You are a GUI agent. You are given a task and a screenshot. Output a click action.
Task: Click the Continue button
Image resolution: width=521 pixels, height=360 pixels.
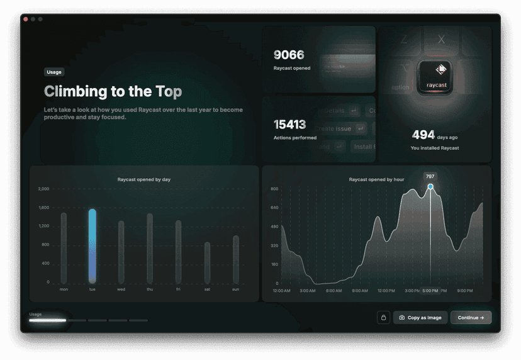click(x=471, y=318)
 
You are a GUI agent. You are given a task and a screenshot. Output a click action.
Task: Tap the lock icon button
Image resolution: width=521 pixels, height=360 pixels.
click(x=383, y=318)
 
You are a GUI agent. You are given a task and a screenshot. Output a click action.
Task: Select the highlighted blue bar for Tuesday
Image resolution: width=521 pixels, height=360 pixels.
click(x=92, y=246)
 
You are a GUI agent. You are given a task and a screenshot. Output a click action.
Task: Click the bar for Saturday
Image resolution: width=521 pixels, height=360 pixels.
click(x=207, y=263)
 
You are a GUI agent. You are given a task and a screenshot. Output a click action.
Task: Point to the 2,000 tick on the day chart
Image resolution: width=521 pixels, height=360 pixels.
click(x=43, y=189)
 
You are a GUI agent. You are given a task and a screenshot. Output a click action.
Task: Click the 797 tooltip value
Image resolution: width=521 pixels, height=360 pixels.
click(x=430, y=176)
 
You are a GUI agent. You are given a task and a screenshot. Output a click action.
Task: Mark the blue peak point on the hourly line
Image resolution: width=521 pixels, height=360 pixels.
click(x=430, y=187)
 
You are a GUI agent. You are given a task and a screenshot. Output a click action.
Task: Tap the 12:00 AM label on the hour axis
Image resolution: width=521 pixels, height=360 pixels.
click(x=281, y=291)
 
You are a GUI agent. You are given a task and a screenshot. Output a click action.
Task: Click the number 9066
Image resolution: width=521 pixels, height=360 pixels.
click(x=289, y=55)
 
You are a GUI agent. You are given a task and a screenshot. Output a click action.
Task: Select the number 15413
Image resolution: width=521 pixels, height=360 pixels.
click(x=289, y=125)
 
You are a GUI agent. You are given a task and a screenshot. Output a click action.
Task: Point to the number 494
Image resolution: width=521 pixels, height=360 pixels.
click(x=423, y=135)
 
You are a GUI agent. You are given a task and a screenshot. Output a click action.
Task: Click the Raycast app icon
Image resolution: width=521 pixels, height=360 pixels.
click(x=436, y=76)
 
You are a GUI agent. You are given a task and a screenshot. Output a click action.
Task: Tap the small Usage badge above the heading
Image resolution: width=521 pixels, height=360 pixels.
click(x=54, y=72)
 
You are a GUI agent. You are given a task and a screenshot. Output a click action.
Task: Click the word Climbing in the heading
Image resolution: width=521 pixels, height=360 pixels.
click(x=76, y=92)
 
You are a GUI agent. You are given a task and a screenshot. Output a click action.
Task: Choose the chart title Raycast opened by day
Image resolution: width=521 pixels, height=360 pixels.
click(x=144, y=179)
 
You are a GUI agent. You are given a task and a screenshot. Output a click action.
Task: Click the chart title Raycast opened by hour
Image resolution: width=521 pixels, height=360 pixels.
click(x=376, y=179)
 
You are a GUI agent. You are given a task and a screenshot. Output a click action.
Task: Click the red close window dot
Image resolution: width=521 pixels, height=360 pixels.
click(x=26, y=20)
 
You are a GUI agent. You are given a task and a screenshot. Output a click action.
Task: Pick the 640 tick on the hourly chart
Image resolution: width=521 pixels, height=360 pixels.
click(x=274, y=208)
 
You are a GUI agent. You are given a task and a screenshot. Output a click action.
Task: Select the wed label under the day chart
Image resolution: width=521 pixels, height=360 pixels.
click(x=121, y=290)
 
